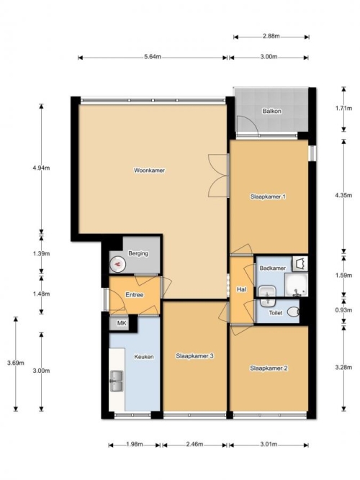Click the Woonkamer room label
149,171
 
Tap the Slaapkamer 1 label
268,196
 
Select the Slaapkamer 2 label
269,368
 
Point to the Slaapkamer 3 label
194,356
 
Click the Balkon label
271,111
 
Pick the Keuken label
144,357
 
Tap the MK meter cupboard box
122,323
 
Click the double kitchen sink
117,381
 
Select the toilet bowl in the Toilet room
293,312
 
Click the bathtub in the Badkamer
296,285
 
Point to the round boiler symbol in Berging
117,264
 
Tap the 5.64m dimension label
153,57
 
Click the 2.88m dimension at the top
271,36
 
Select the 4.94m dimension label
41,168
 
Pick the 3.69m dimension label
16,363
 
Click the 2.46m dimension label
194,444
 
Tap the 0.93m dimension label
343,310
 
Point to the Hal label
241,289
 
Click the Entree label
135,295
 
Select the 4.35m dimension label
343,195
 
